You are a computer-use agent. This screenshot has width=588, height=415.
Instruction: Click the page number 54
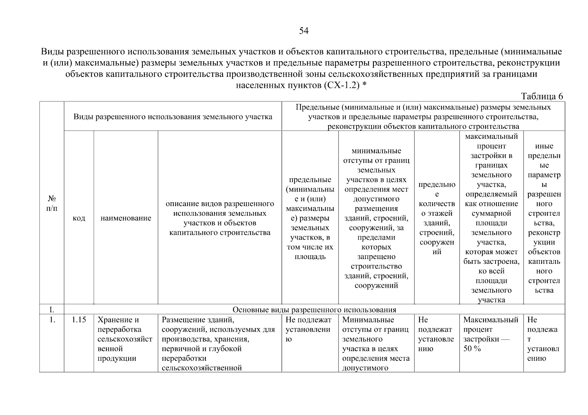coord(304,31)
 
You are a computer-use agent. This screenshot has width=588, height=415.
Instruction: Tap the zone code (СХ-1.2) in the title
coord(342,85)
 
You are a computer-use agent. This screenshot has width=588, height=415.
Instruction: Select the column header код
coord(79,218)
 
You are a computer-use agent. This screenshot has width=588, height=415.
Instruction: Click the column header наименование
coord(126,218)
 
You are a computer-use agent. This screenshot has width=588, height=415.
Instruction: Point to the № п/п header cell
coord(52,203)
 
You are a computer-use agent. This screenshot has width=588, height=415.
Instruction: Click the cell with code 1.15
coord(79,320)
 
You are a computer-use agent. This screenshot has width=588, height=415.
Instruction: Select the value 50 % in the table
coord(472,349)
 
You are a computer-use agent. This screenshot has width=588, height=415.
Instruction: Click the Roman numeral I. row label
coord(52,309)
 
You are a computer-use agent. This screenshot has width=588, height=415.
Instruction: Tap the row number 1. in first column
coord(52,320)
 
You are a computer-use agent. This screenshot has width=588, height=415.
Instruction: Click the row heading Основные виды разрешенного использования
coord(314,309)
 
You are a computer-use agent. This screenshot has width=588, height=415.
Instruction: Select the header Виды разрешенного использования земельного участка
coord(173,117)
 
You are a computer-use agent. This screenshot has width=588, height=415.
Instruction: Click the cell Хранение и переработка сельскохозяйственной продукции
coord(125,339)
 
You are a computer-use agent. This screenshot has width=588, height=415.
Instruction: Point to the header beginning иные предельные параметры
coord(544,218)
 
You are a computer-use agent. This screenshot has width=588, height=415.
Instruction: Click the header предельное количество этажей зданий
coord(437,218)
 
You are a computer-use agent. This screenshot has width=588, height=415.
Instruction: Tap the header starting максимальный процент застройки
coord(491,218)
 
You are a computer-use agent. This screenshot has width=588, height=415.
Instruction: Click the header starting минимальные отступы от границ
coord(376,218)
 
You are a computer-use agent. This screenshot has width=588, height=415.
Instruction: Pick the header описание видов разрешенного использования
coord(220,218)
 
